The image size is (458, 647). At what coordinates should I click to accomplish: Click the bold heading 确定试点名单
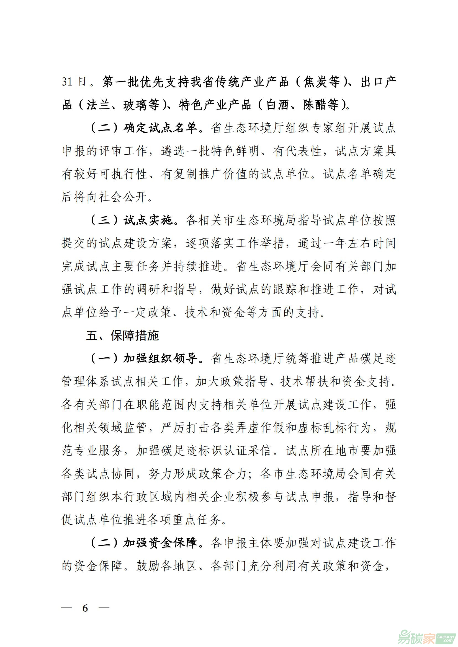(x=160, y=128)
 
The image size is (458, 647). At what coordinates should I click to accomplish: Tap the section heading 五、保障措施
(x=122, y=335)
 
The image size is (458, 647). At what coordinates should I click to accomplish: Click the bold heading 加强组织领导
(x=160, y=358)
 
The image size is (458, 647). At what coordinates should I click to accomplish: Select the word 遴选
(x=172, y=151)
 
